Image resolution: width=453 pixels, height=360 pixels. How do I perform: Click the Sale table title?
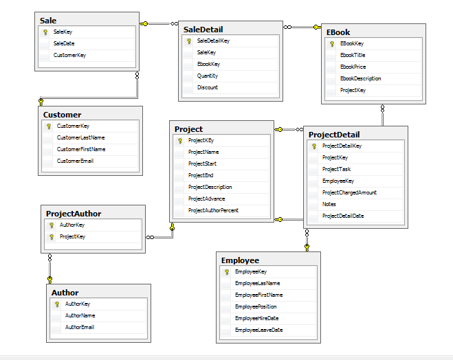pyautogui.click(x=48, y=21)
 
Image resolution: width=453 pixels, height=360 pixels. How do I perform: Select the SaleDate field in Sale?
pyautogui.click(x=64, y=43)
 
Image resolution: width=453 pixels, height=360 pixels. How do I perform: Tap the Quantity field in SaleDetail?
pyautogui.click(x=208, y=76)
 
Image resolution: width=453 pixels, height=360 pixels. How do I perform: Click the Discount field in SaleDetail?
pyautogui.click(x=208, y=87)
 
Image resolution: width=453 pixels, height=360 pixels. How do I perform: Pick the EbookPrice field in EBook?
pyautogui.click(x=353, y=67)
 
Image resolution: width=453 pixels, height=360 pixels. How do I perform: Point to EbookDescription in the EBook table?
pyautogui.click(x=361, y=78)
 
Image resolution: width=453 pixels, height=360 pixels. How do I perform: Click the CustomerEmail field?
pyautogui.click(x=75, y=161)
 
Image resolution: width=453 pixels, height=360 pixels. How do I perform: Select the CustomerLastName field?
pyautogui.click(x=80, y=137)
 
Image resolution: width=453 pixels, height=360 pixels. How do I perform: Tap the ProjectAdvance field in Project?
pyautogui.click(x=207, y=199)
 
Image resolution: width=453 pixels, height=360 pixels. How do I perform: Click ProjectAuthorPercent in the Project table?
pyautogui.click(x=213, y=210)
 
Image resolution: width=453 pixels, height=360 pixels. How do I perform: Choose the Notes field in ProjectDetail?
pyautogui.click(x=329, y=205)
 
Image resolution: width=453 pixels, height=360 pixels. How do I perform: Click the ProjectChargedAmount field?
pyautogui.click(x=349, y=192)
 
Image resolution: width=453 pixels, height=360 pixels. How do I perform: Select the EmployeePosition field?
pyautogui.click(x=256, y=306)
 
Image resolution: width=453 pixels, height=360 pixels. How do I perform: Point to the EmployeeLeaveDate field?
pyautogui.click(x=259, y=330)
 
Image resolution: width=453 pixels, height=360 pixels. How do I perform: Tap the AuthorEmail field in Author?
pyautogui.click(x=80, y=327)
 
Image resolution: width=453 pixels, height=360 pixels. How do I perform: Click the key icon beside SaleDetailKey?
pyautogui.click(x=189, y=41)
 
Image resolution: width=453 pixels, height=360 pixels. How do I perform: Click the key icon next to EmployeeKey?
pyautogui.click(x=227, y=272)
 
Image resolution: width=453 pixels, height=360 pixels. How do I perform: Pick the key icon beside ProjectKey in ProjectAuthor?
pyautogui.click(x=52, y=237)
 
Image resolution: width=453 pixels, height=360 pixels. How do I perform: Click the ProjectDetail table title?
pyautogui.click(x=334, y=135)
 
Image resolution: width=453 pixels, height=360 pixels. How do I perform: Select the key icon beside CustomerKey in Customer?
pyautogui.click(x=49, y=126)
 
